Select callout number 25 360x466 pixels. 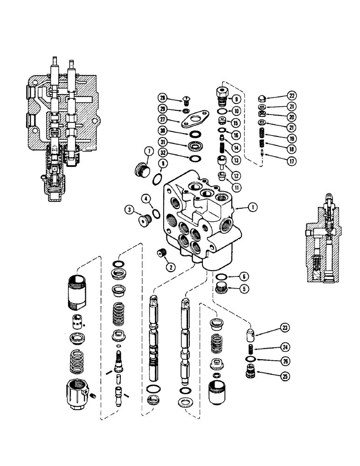(283, 374)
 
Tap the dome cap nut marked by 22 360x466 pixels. (262, 98)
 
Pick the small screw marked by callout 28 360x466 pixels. (187, 99)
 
